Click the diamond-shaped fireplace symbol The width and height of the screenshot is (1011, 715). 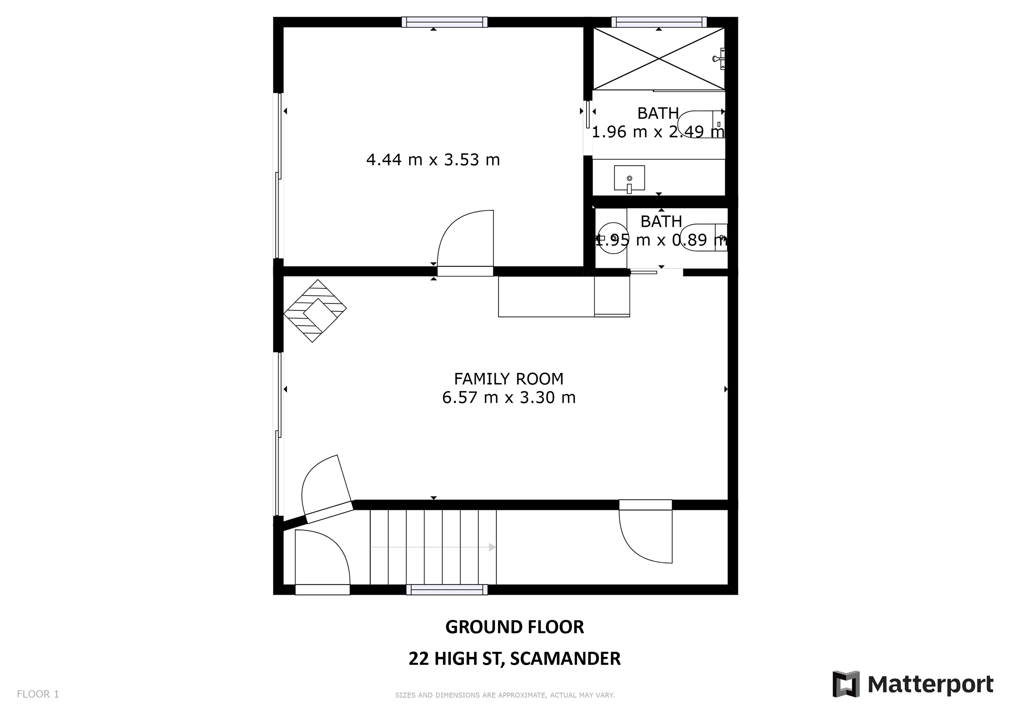[315, 311]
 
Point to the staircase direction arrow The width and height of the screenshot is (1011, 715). [492, 547]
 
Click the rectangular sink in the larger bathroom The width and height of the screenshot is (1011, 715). [629, 178]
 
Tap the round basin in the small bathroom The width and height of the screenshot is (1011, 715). [613, 238]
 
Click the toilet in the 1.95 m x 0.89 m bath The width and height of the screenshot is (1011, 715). [703, 238]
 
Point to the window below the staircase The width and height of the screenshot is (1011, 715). [446, 590]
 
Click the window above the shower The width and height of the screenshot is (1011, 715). [659, 22]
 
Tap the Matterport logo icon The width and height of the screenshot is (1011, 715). [846, 684]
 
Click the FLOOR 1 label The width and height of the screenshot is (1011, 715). [38, 694]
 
